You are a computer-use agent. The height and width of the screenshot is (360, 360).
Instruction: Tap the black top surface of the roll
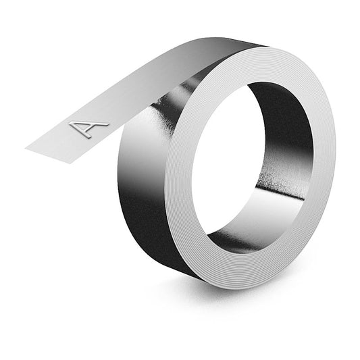click(x=223, y=51)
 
